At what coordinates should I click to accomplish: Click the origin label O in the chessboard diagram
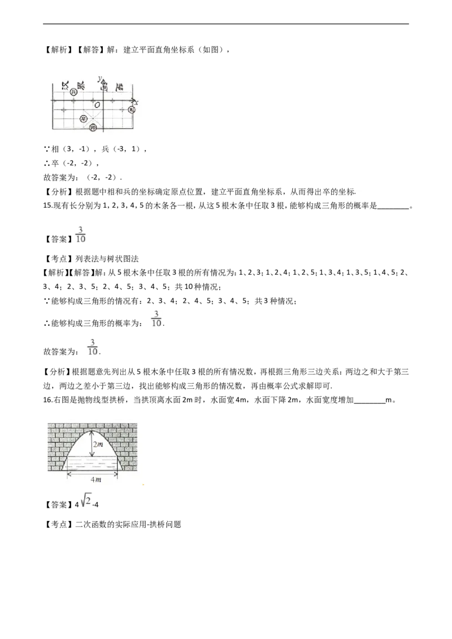click(x=97, y=105)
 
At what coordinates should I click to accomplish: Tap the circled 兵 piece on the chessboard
click(x=73, y=93)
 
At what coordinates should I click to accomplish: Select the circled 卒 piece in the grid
click(x=84, y=119)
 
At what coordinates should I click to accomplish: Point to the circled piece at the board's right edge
click(x=131, y=110)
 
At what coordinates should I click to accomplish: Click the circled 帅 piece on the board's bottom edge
click(x=93, y=128)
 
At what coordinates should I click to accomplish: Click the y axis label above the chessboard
click(x=99, y=78)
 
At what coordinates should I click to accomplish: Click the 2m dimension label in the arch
click(x=98, y=444)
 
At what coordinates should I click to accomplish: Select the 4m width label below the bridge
click(x=96, y=480)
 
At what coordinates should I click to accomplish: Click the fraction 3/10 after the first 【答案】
click(x=81, y=235)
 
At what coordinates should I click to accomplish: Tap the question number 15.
click(x=47, y=206)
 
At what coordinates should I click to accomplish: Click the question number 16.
click(x=47, y=400)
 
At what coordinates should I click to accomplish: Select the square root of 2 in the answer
click(x=86, y=501)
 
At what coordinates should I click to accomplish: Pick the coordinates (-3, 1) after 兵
click(x=127, y=149)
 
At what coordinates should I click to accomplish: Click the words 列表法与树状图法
click(x=107, y=259)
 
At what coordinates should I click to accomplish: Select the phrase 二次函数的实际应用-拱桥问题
click(x=128, y=524)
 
